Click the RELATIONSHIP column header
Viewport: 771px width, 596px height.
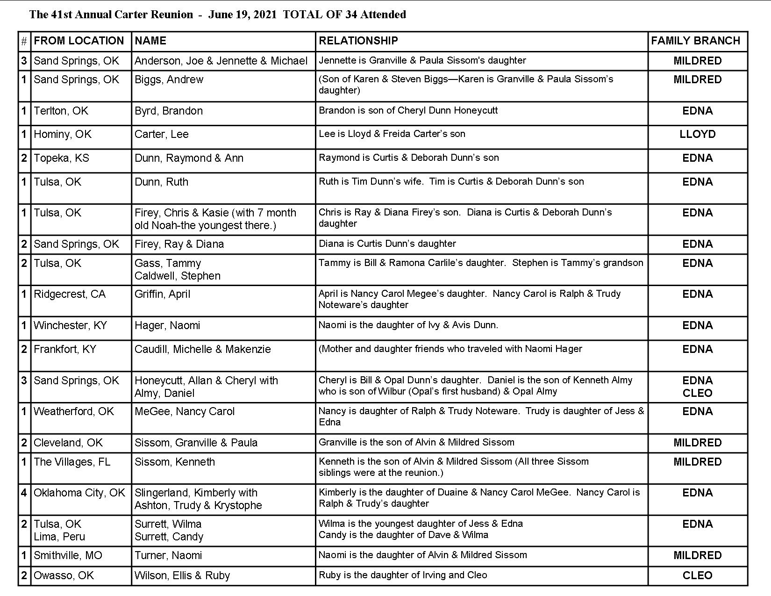[358, 41]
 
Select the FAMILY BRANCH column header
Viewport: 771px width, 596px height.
[695, 41]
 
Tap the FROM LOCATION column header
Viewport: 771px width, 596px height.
[79, 41]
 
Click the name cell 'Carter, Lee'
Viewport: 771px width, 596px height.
[162, 135]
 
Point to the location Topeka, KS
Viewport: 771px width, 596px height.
[61, 158]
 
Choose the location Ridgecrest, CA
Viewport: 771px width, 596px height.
[70, 294]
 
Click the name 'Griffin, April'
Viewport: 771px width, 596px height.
[162, 294]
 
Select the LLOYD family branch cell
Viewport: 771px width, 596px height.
[697, 135]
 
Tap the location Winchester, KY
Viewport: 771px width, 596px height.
[70, 326]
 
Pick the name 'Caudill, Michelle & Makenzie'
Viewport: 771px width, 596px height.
[202, 350]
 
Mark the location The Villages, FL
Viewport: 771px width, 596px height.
[72, 462]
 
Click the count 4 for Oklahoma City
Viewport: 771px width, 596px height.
[24, 493]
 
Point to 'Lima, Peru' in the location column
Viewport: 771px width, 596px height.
[59, 537]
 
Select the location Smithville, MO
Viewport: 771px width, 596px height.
[68, 556]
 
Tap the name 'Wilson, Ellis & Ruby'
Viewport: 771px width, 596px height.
[182, 576]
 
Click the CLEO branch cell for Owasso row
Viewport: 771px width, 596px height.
[697, 576]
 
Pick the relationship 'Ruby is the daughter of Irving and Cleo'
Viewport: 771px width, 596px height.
[403, 575]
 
